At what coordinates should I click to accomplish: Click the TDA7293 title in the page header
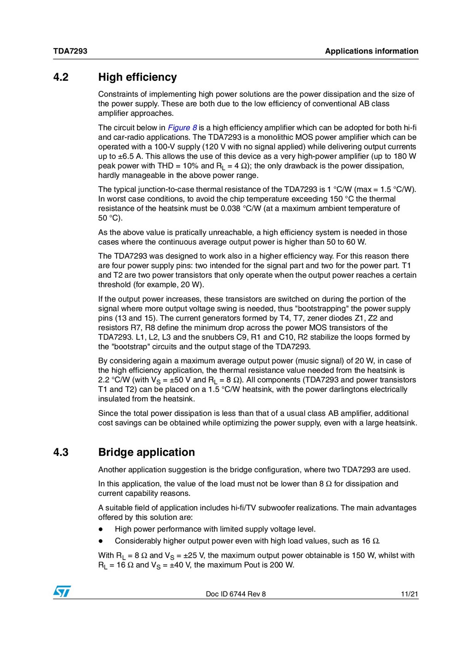[70, 51]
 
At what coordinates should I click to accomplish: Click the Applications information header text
[372, 51]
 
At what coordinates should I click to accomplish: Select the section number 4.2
[61, 77]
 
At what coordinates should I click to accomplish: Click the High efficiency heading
[137, 77]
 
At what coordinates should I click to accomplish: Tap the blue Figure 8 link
[182, 128]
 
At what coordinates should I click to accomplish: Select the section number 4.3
[61, 452]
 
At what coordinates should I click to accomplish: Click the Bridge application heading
[147, 452]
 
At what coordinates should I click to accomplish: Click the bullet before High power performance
[100, 530]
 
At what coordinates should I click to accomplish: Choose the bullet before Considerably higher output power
[100, 541]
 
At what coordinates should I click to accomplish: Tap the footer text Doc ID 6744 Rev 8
[236, 594]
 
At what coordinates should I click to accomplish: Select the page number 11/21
[409, 594]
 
